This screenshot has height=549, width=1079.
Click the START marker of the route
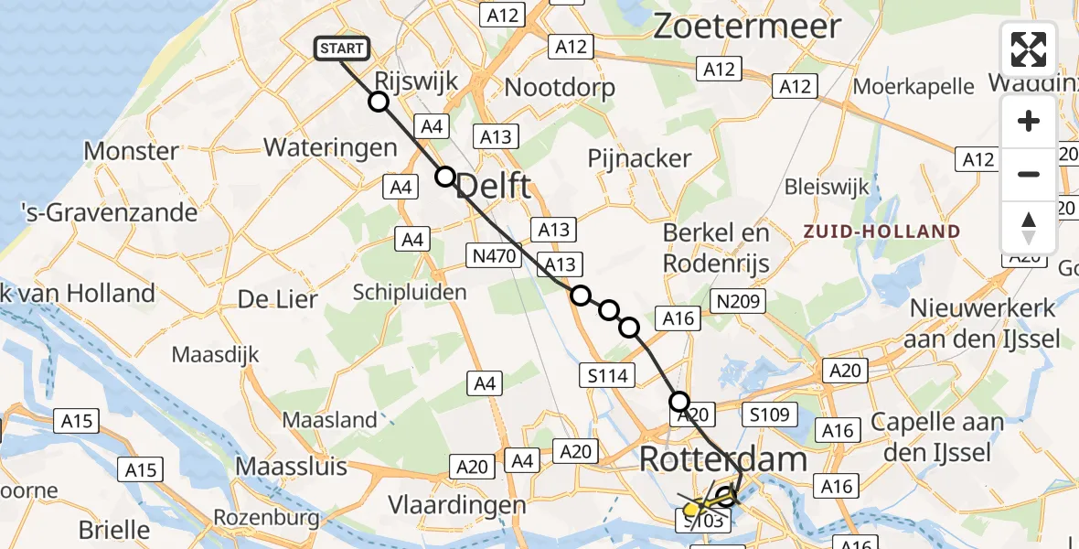342,48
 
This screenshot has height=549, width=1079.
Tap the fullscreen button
1029,49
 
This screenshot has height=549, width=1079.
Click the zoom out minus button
1029,174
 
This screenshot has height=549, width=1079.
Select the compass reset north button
1029,227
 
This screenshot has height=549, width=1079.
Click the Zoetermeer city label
746,27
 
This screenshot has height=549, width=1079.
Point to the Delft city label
492,188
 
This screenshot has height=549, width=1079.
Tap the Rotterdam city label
724,459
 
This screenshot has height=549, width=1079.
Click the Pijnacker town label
640,158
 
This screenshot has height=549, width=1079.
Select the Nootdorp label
560,88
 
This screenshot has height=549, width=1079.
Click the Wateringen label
330,146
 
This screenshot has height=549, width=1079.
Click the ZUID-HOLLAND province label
881,231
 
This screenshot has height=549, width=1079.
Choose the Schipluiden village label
411,293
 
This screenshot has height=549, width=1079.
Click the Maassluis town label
292,467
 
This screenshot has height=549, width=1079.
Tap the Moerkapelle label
913,87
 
